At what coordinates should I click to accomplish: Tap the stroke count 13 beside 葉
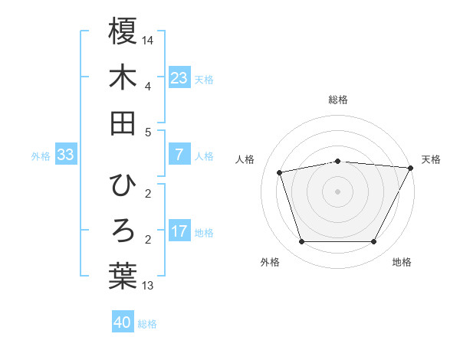click(148, 286)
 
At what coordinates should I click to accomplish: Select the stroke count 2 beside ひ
click(148, 193)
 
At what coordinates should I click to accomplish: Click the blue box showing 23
click(179, 77)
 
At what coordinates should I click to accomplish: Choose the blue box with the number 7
click(179, 155)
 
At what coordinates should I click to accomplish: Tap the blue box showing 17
click(179, 231)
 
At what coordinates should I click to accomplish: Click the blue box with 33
click(65, 155)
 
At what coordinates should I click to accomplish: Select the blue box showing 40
click(123, 322)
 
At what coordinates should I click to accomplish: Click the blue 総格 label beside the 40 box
click(147, 324)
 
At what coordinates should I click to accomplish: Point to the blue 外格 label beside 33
click(41, 156)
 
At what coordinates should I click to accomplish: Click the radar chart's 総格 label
click(337, 100)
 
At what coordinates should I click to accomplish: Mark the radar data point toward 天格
click(412, 167)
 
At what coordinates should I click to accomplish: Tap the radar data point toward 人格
click(280, 172)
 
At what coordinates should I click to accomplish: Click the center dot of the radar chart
click(337, 191)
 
